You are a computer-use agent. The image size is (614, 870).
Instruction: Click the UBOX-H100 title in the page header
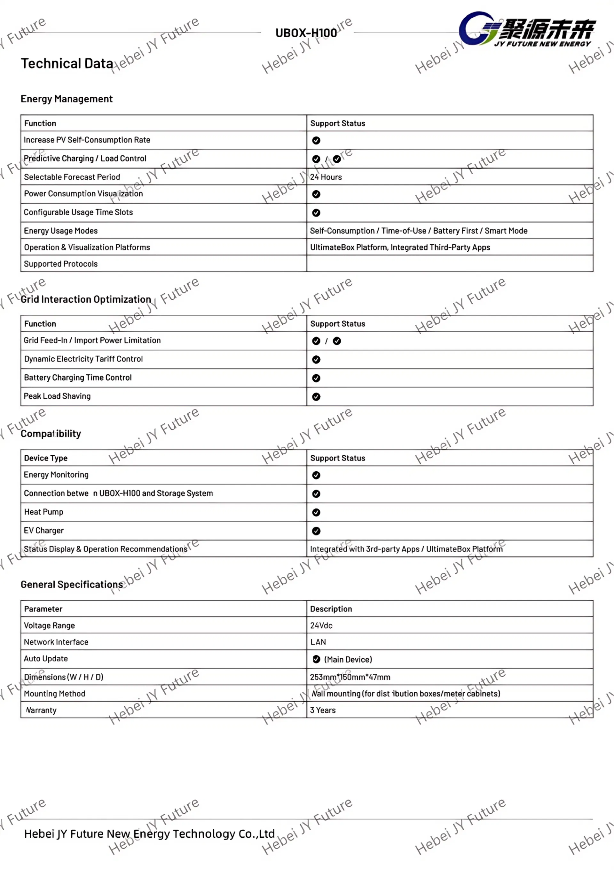(x=306, y=33)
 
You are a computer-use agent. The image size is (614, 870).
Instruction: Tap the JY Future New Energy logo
(x=527, y=29)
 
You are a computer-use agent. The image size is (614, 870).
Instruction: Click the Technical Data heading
(x=67, y=63)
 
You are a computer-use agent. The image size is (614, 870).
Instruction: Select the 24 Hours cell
(x=326, y=177)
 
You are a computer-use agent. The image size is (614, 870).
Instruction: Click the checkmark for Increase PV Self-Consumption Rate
(x=316, y=141)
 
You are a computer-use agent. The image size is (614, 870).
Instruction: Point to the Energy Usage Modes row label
(x=60, y=231)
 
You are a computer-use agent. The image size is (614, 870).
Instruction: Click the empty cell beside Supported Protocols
(x=449, y=264)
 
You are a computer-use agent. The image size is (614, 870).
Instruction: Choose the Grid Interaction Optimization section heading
(x=86, y=299)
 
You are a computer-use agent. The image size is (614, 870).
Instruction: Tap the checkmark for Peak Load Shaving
(x=316, y=397)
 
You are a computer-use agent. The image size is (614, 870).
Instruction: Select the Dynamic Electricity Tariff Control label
(x=83, y=359)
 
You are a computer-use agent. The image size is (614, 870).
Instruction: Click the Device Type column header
(x=46, y=458)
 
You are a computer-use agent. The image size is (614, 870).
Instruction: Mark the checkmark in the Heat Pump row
(x=316, y=513)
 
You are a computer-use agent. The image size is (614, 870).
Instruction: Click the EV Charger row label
(x=44, y=531)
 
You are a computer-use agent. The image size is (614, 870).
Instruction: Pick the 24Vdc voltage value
(x=321, y=626)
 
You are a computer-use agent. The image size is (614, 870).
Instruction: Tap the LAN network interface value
(x=318, y=642)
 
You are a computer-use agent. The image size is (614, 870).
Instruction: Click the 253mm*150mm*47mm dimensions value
(x=350, y=677)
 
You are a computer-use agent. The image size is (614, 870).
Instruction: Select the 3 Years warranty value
(x=323, y=711)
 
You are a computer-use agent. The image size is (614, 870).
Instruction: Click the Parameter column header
(x=43, y=609)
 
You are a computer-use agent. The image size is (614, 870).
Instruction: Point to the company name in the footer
(x=149, y=833)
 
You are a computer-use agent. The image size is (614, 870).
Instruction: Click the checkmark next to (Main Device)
(x=317, y=659)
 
